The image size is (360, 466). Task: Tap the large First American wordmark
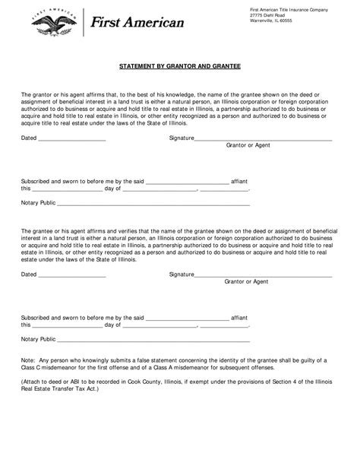pyautogui.click(x=137, y=24)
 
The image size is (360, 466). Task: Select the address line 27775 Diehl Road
pyautogui.click(x=270, y=14)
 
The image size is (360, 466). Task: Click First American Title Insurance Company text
pyautogui.click(x=289, y=8)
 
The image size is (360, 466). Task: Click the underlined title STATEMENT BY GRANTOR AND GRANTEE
pyautogui.click(x=179, y=67)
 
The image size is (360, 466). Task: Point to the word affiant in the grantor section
pyautogui.click(x=239, y=182)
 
